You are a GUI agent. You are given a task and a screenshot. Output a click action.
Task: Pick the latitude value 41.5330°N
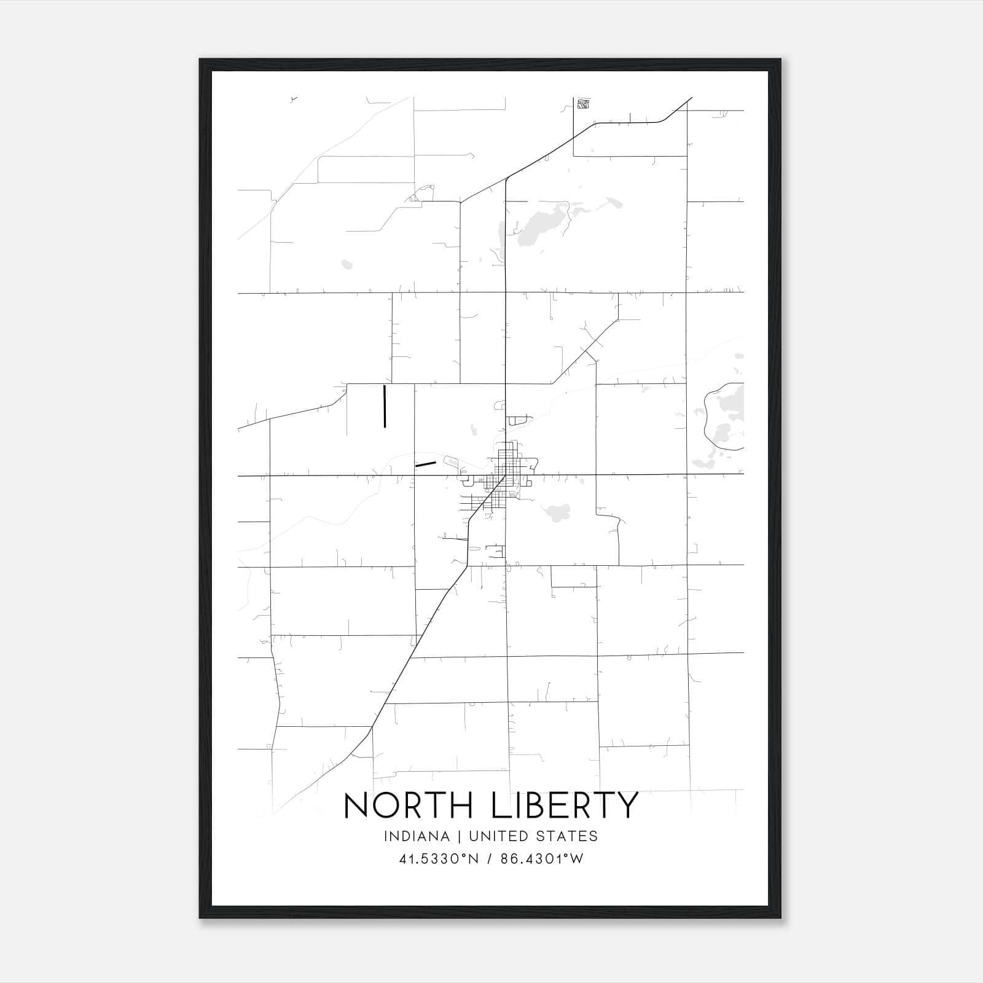coord(439,859)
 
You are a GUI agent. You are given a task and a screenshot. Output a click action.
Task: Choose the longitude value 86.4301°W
coord(542,859)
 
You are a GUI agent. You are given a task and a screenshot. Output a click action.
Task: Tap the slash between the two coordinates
coord(490,859)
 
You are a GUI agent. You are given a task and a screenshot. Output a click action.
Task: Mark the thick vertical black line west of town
coord(385,405)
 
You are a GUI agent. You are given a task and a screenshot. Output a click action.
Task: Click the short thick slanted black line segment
coord(425,464)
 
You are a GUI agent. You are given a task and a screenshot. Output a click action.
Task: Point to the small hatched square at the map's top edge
coord(583,104)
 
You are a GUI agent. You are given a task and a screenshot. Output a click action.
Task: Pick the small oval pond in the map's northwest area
coord(347,265)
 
